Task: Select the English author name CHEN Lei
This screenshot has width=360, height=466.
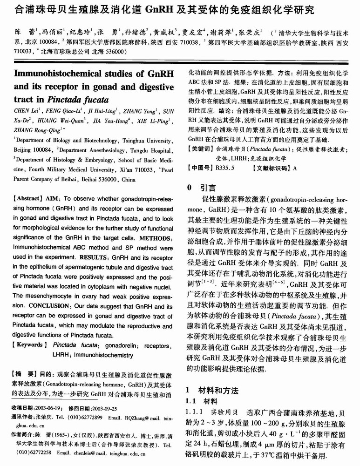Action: (27, 111)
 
